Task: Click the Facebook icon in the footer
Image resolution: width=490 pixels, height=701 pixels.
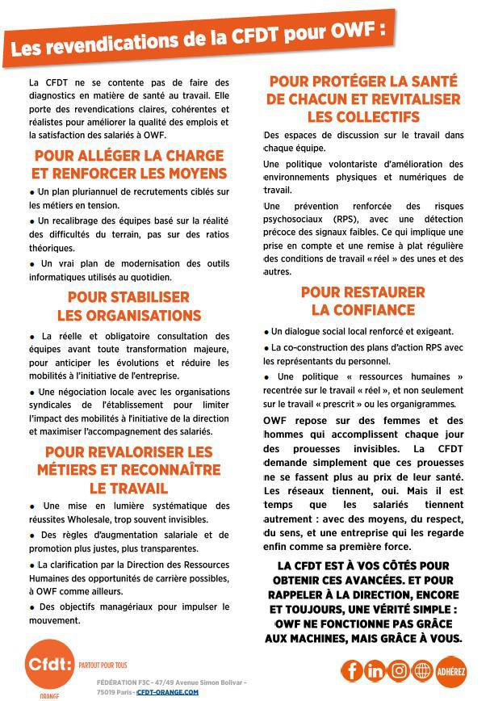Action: [x=353, y=670]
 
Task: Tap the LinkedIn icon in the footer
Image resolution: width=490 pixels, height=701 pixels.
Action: [x=375, y=670]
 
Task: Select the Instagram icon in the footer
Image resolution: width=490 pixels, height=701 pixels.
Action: [x=399, y=670]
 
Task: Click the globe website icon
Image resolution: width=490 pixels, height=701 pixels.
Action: [x=422, y=670]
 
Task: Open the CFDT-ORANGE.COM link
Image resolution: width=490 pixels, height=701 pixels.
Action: [x=167, y=692]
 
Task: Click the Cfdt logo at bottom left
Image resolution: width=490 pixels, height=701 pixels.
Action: [x=48, y=665]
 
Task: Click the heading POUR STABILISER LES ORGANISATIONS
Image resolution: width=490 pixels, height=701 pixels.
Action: [x=129, y=306]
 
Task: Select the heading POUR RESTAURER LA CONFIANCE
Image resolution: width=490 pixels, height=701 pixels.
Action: [x=363, y=300]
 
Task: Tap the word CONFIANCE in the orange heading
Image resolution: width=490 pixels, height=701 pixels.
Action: [x=363, y=310]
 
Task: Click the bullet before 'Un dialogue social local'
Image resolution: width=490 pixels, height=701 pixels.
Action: [x=266, y=331]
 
